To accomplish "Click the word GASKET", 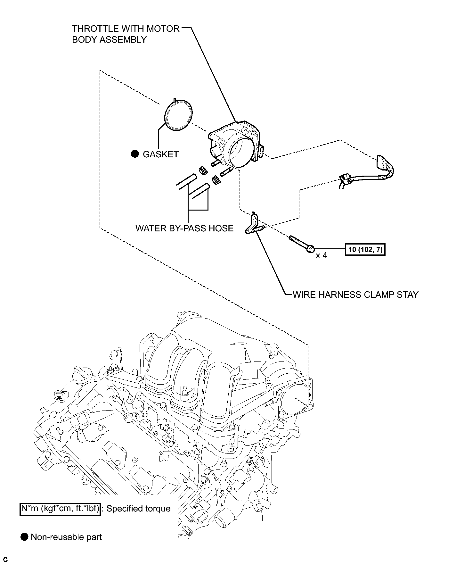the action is point(161,154).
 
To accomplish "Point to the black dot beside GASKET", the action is point(135,154).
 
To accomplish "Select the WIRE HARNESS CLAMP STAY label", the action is point(355,295).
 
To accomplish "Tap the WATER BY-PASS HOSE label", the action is point(184,228).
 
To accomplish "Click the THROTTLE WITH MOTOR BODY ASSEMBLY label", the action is point(126,34).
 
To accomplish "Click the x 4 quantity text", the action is point(321,256).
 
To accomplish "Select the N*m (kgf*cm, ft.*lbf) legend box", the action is point(61,509).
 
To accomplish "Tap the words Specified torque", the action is point(138,509).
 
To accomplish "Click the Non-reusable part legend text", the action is point(66,537).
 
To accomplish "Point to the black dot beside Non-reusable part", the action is point(24,537).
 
